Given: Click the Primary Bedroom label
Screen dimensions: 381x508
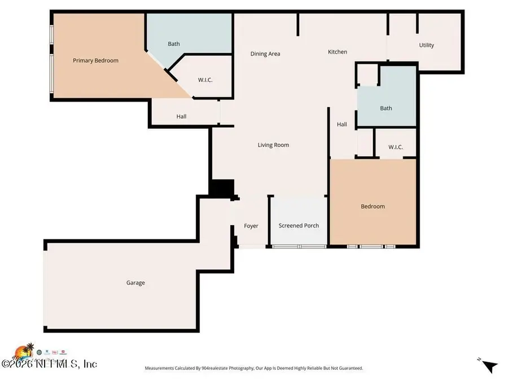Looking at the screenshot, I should pyautogui.click(x=95, y=60).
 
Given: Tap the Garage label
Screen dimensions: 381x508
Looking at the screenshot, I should pyautogui.click(x=135, y=283).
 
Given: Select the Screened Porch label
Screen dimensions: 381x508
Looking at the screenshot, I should pyautogui.click(x=299, y=226).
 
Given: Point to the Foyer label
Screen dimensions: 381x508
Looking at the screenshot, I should pyautogui.click(x=251, y=226).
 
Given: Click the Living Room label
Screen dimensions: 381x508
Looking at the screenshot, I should pyautogui.click(x=273, y=145).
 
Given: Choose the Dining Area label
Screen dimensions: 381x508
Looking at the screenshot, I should pyautogui.click(x=265, y=54).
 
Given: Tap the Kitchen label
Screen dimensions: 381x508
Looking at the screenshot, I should pyautogui.click(x=338, y=52).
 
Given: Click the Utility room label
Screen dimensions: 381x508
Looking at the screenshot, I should pyautogui.click(x=426, y=45).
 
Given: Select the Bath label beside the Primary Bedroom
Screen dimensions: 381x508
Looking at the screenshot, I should pyautogui.click(x=174, y=43).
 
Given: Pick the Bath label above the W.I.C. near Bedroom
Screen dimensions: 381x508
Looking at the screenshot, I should pyautogui.click(x=386, y=108).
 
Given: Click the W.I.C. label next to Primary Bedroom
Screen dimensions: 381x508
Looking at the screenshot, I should pyautogui.click(x=205, y=80).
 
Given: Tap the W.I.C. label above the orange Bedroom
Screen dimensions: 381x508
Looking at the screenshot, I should pyautogui.click(x=395, y=147).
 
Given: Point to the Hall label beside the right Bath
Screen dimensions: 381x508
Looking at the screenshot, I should pyautogui.click(x=341, y=125).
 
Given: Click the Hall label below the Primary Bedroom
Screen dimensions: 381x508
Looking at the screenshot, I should pyautogui.click(x=181, y=117).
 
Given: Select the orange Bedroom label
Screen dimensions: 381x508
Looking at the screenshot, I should pyautogui.click(x=373, y=207).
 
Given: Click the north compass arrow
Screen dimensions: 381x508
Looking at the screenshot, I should pyautogui.click(x=490, y=366).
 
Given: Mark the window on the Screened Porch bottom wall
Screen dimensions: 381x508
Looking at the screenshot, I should pyautogui.click(x=299, y=246).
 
